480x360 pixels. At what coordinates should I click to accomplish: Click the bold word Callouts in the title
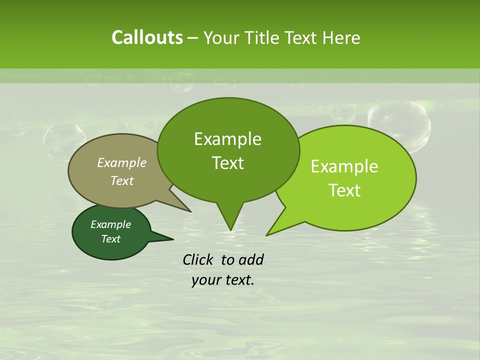coord(147,37)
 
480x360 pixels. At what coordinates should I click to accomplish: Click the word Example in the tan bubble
coord(122,162)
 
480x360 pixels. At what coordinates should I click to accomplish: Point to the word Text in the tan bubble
coord(122,180)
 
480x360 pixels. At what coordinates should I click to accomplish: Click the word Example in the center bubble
coord(227,139)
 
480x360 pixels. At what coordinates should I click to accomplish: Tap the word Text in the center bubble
coord(227,163)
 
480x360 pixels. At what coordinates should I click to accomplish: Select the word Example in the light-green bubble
coord(344,166)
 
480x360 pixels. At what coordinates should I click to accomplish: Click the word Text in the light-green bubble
coord(344,190)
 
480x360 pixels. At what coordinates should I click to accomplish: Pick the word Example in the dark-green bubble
coord(110,224)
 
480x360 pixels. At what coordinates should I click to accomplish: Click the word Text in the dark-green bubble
coord(110,239)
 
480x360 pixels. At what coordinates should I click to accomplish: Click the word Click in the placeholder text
coord(198,259)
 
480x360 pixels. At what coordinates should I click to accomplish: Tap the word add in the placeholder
coord(250,259)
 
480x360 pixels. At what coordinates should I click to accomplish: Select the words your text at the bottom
coord(223,280)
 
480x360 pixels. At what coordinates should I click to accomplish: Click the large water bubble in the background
coord(398,125)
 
